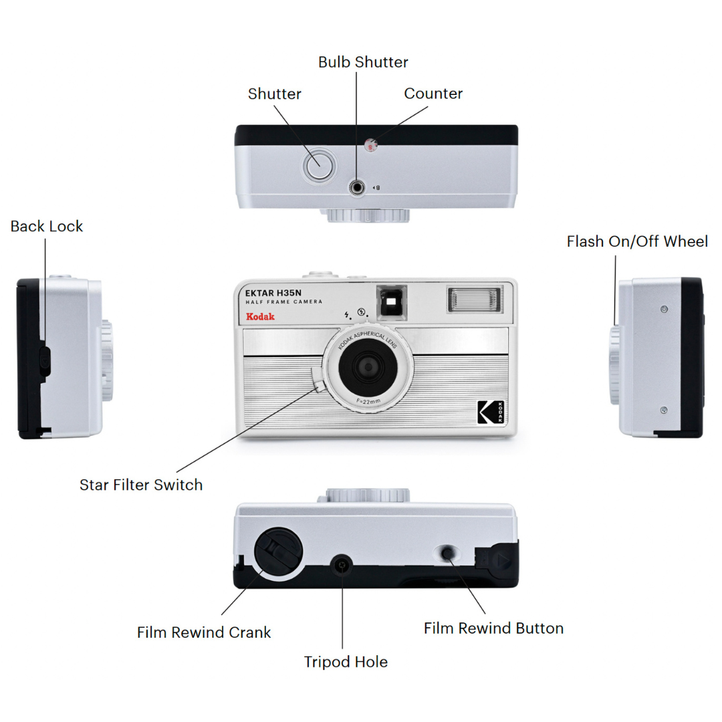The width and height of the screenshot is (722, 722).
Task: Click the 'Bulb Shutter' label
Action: (x=363, y=62)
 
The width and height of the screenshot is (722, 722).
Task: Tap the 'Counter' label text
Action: (x=433, y=94)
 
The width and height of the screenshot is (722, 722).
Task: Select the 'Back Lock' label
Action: (x=47, y=226)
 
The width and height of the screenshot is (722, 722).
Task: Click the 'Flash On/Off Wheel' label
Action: (x=637, y=241)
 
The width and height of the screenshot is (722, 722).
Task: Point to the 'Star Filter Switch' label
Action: (x=141, y=485)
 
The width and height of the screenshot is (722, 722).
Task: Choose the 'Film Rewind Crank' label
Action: (x=204, y=632)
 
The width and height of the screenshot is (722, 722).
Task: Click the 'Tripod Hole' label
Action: (x=346, y=662)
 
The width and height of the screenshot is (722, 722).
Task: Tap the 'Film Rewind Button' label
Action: (x=493, y=628)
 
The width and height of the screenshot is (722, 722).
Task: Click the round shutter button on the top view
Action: (x=318, y=165)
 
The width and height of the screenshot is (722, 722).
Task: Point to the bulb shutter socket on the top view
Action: (x=358, y=188)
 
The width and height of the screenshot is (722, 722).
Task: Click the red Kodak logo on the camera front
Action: (x=260, y=316)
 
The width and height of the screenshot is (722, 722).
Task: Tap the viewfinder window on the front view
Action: (x=392, y=302)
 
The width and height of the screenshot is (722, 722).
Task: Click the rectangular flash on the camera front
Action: (x=475, y=299)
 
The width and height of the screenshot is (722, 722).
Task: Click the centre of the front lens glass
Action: (x=367, y=366)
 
